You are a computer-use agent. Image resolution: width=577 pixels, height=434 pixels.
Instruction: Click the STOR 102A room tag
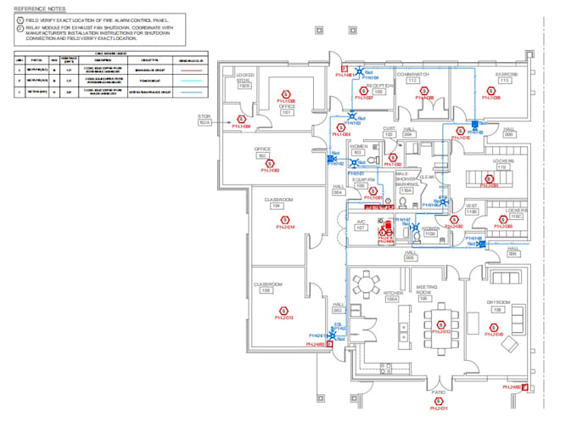point(204,121)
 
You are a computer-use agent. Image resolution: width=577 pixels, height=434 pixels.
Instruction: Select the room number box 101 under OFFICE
point(286,112)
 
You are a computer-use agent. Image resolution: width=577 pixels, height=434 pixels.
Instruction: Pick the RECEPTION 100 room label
point(379,88)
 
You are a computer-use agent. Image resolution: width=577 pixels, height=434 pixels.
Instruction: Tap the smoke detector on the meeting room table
point(440,324)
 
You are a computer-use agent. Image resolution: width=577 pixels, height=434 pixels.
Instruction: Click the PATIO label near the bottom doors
point(438,392)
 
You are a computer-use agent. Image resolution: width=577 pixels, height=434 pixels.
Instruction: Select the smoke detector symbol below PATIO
point(438,403)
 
